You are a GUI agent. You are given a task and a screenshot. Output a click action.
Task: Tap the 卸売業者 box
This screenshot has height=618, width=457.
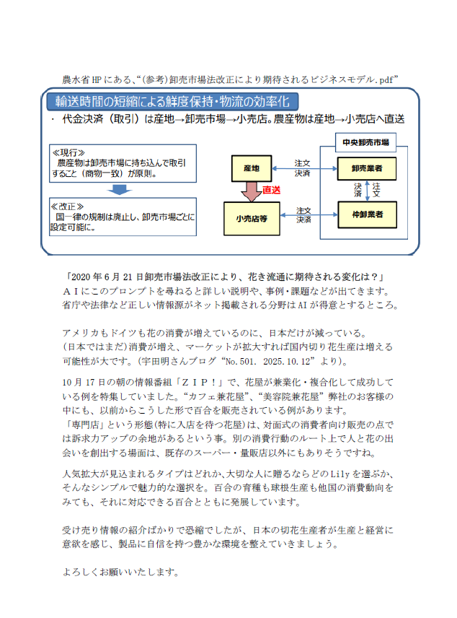tap(367, 168)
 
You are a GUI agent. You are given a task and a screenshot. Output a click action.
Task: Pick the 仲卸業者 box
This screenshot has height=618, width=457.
tap(367, 214)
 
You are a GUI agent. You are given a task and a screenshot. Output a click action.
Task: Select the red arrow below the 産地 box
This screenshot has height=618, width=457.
tap(252, 191)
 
